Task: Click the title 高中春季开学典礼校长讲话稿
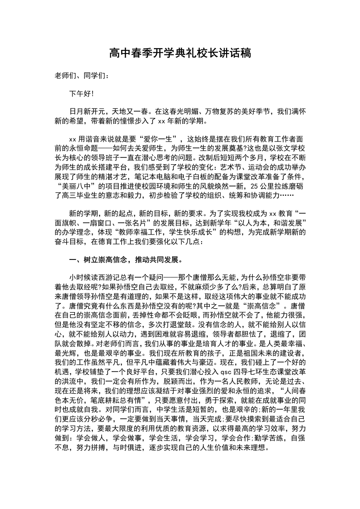click(180, 54)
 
